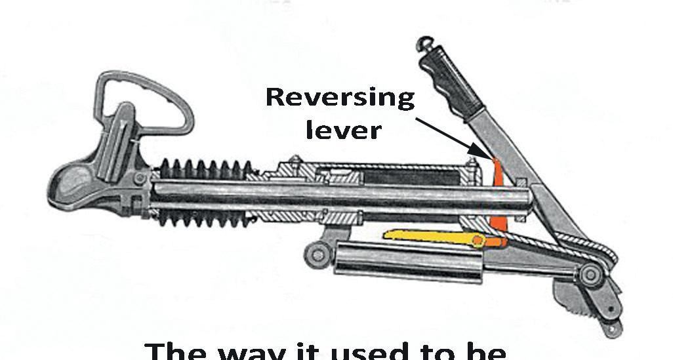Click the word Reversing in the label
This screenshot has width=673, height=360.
(x=340, y=98)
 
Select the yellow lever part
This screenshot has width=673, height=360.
(x=426, y=236)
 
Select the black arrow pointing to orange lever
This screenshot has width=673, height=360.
(x=453, y=138)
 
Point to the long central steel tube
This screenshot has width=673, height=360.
(x=328, y=197)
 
